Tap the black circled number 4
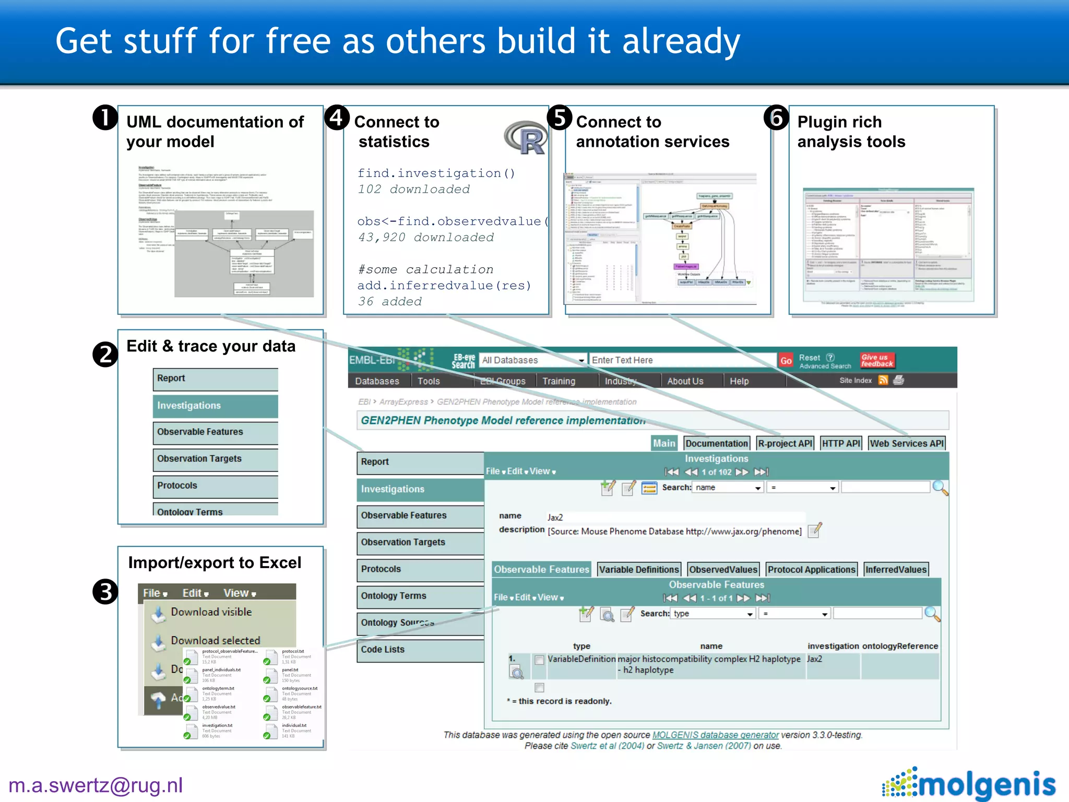tap(337, 117)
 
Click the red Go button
tap(786, 360)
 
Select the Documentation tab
tap(716, 443)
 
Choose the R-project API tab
tap(785, 443)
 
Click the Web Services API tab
tap(906, 443)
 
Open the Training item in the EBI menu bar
tap(559, 381)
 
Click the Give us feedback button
tap(877, 360)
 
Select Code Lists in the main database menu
tap(383, 649)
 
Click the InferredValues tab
tap(896, 570)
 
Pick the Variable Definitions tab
tap(639, 570)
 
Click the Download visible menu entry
tap(211, 612)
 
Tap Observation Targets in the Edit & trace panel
tap(199, 458)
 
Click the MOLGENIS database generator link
tap(715, 735)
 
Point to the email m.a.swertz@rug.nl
tap(96, 785)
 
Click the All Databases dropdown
tap(532, 360)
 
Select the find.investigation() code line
tap(436, 173)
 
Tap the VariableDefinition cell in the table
tap(581, 659)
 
